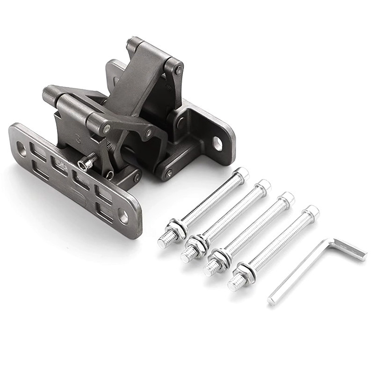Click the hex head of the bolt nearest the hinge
pyautogui.click(x=242, y=174)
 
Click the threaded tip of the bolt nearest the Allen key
pyautogui.click(x=233, y=284)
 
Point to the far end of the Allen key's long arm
pyautogui.click(x=272, y=301)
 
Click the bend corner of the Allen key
pyautogui.click(x=331, y=242)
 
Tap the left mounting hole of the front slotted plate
pyautogui.click(x=22, y=149)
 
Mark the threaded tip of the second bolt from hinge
pyautogui.click(x=186, y=252)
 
